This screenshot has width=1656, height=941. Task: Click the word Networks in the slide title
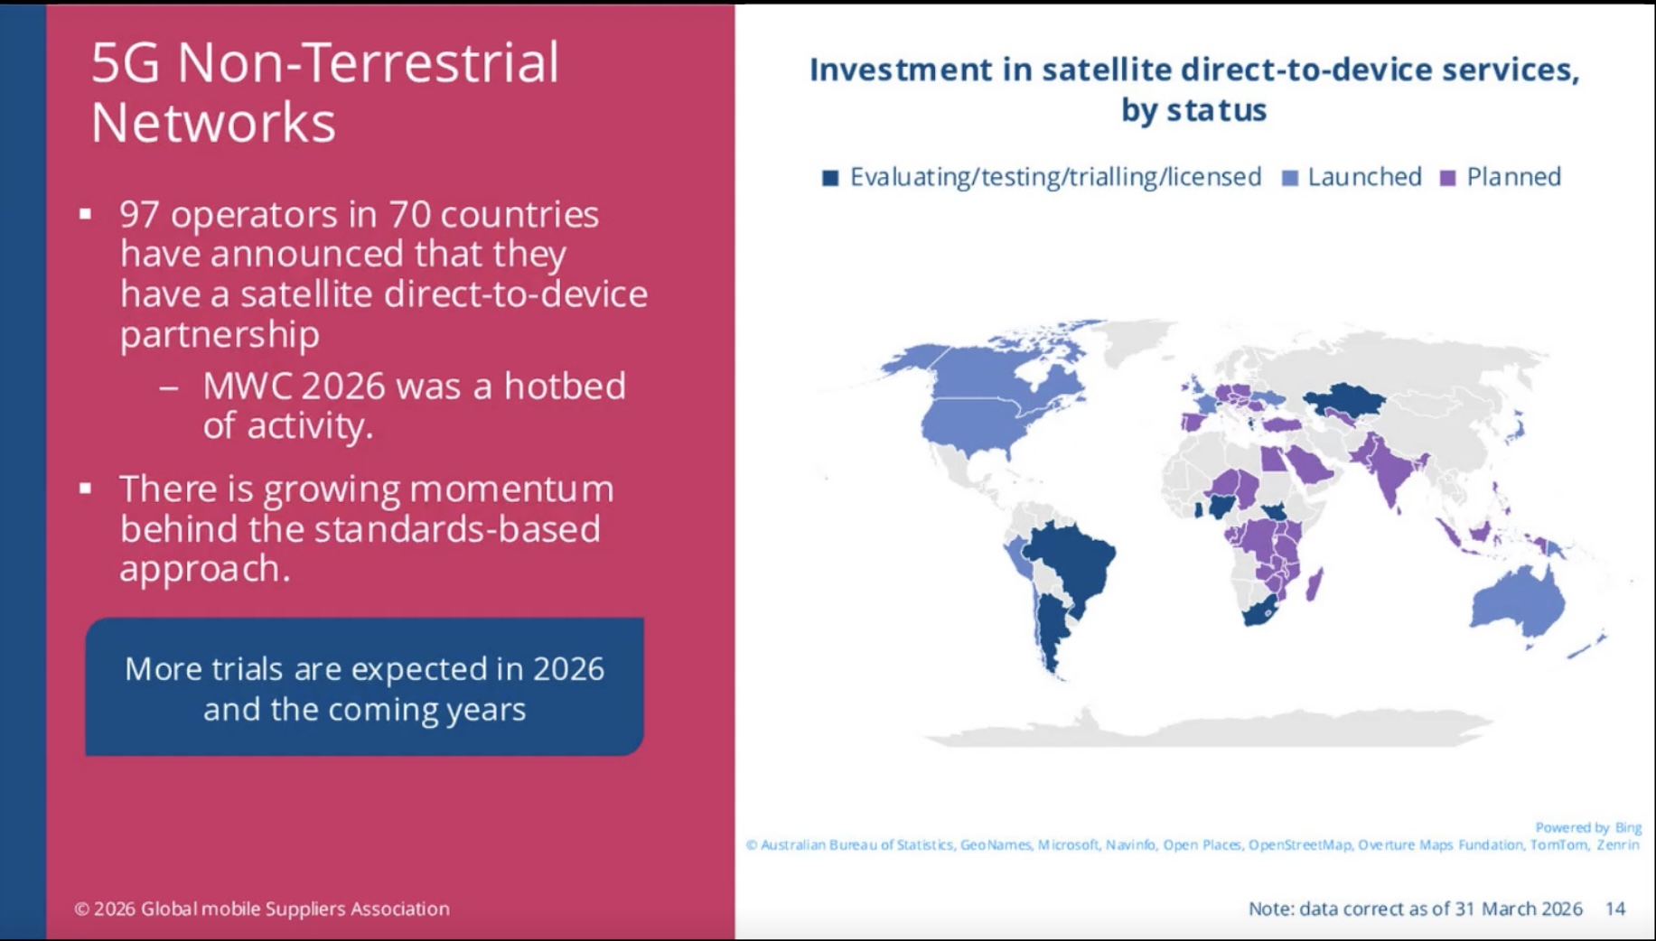tap(213, 122)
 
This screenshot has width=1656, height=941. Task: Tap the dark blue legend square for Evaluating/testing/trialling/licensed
tap(830, 178)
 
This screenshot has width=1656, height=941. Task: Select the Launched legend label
tap(1364, 177)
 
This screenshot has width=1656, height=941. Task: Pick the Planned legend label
tap(1513, 177)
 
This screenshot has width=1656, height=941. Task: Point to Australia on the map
tap(1518, 601)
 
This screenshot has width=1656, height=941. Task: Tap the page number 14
tap(1615, 908)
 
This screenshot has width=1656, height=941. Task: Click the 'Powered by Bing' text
tap(1587, 827)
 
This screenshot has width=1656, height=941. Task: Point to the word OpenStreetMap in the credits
tap(1299, 844)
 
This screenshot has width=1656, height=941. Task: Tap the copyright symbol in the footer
tap(81, 909)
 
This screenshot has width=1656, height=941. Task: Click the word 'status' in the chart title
tap(1216, 110)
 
